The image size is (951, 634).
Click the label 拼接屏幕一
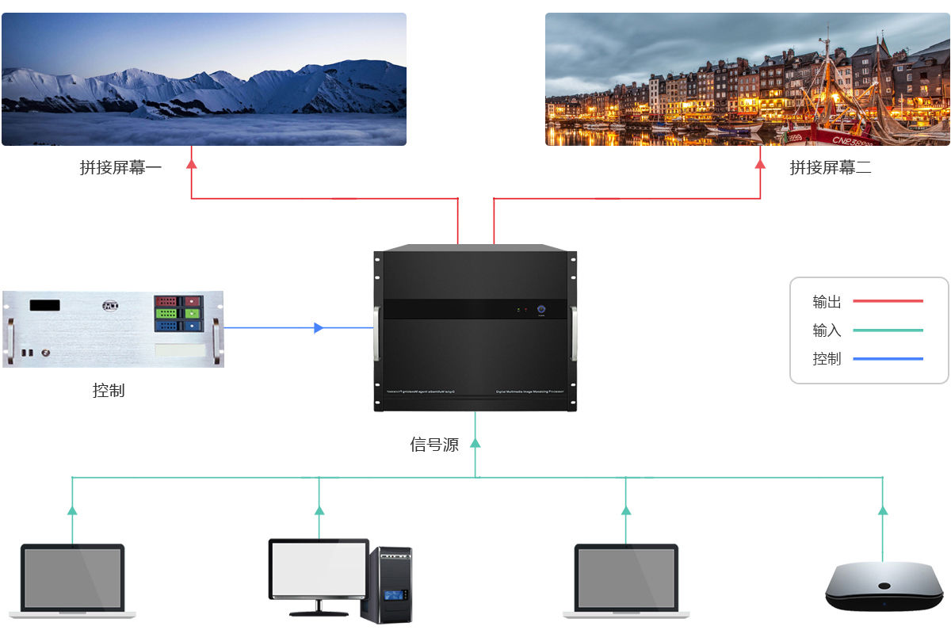tap(120, 167)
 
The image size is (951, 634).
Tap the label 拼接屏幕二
tap(831, 167)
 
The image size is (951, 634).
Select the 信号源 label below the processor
tap(434, 445)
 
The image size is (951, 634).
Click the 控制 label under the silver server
tap(109, 390)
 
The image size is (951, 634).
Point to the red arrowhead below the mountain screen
tap(191, 163)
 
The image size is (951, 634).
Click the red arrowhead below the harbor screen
tap(760, 163)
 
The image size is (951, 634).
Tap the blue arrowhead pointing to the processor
tap(319, 327)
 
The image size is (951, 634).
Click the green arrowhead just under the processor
tap(475, 443)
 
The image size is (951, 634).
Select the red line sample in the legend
tap(888, 301)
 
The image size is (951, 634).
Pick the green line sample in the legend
tap(888, 330)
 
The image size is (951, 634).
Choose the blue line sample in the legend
tap(888, 359)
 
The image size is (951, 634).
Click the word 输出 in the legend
tap(827, 302)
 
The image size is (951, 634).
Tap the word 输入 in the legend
tap(827, 330)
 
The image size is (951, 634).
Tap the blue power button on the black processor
tap(542, 311)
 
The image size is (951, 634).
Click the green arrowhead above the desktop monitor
tap(319, 510)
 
